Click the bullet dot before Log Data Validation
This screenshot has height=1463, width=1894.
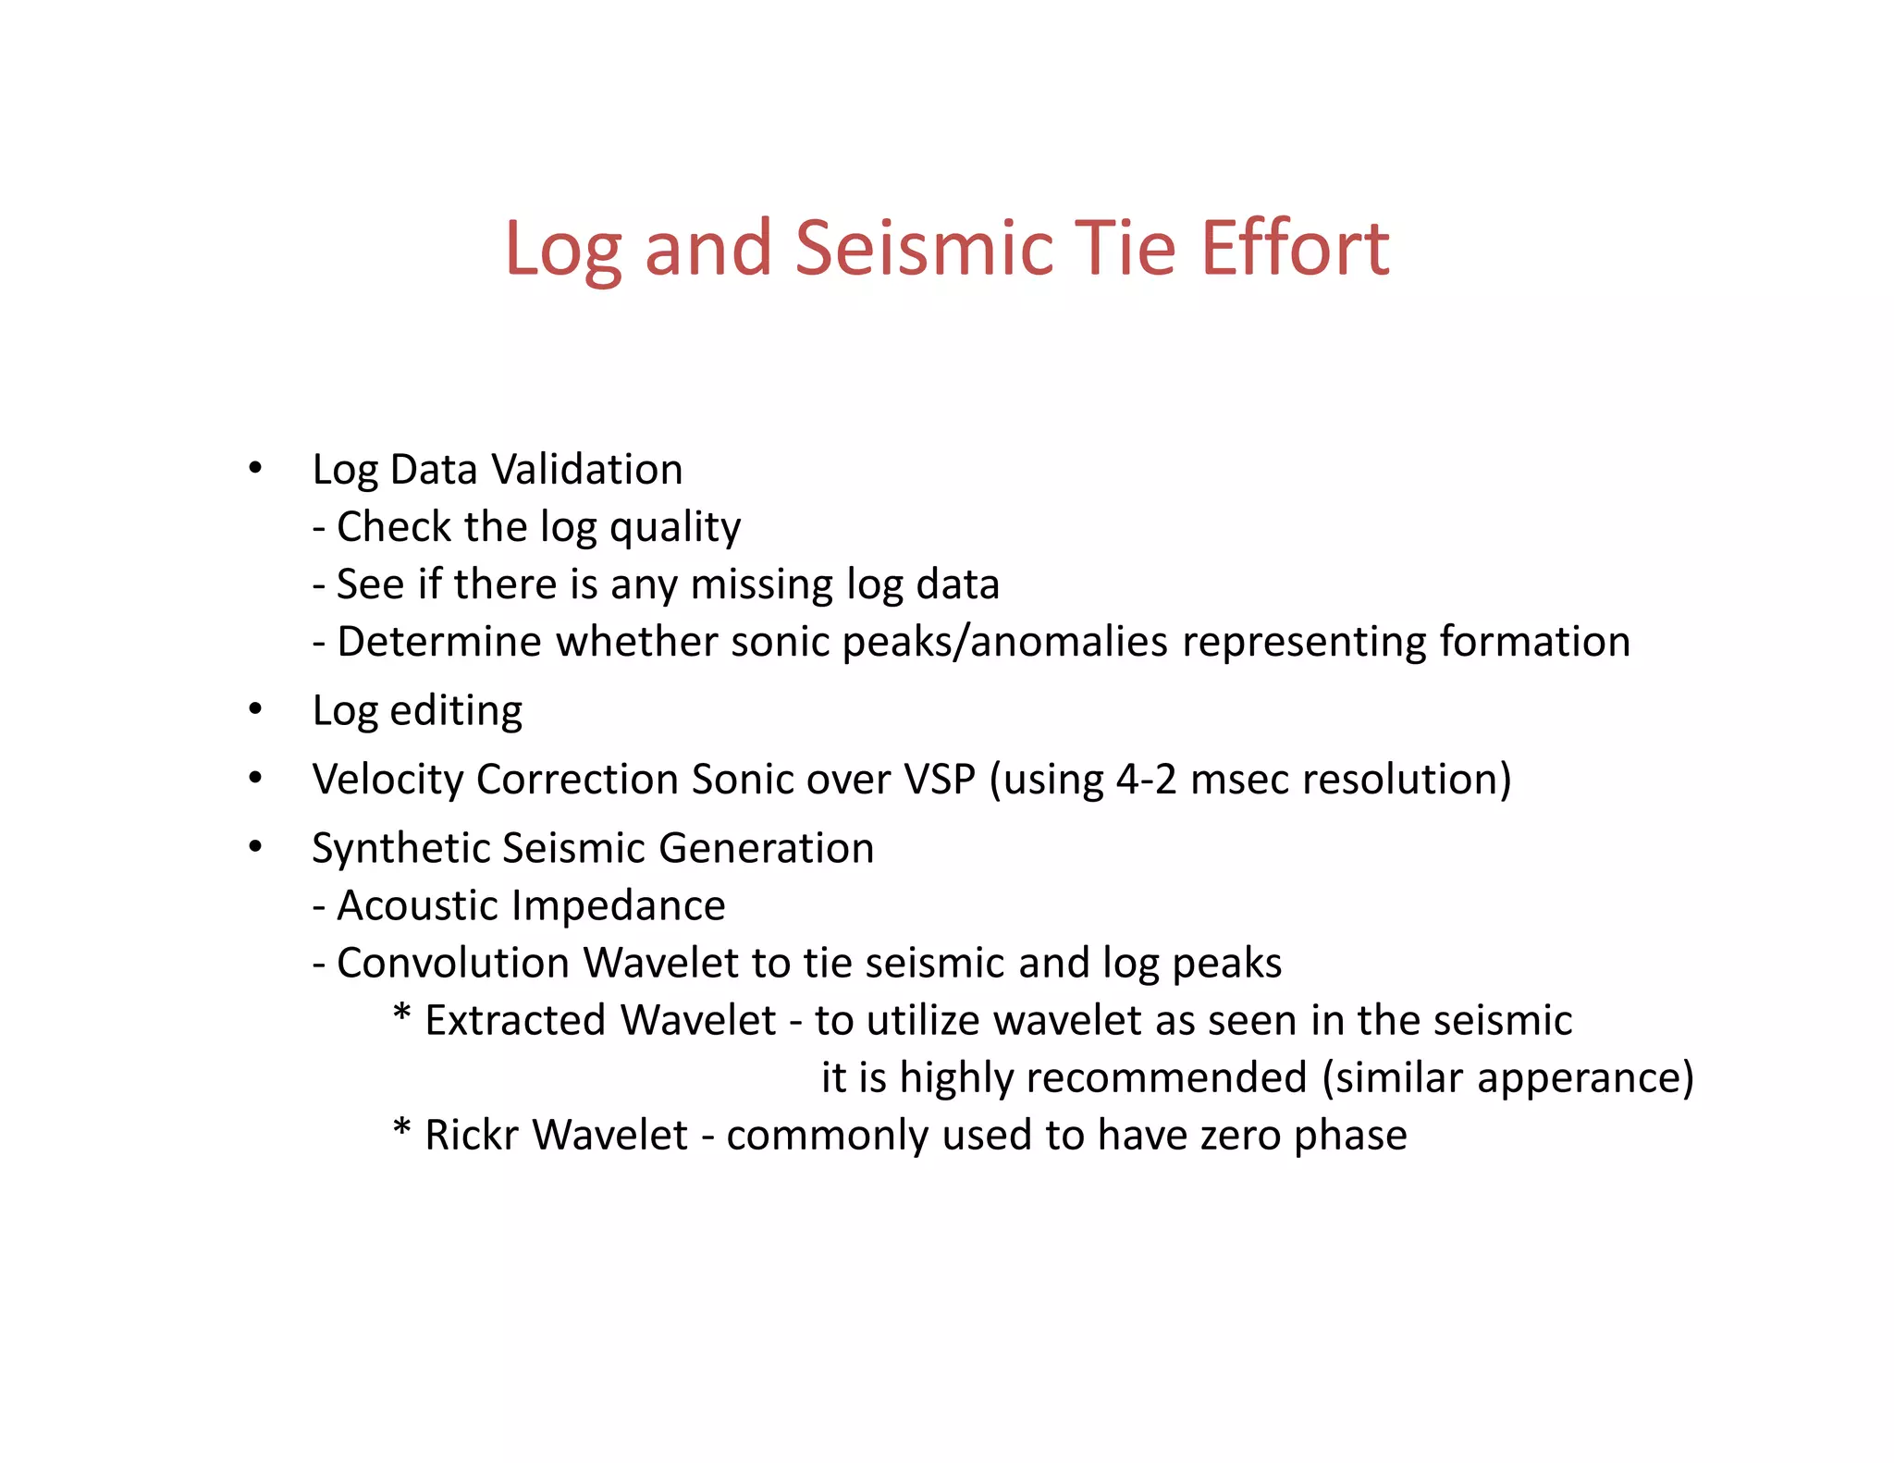tap(255, 467)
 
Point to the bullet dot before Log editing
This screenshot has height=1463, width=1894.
tap(255, 709)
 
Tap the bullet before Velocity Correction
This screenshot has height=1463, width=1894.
tap(255, 778)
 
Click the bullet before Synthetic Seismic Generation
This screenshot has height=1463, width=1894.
tap(255, 846)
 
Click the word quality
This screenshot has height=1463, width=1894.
tap(675, 528)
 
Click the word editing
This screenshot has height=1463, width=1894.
tap(456, 711)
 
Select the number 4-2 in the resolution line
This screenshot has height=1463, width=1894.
tap(1146, 779)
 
